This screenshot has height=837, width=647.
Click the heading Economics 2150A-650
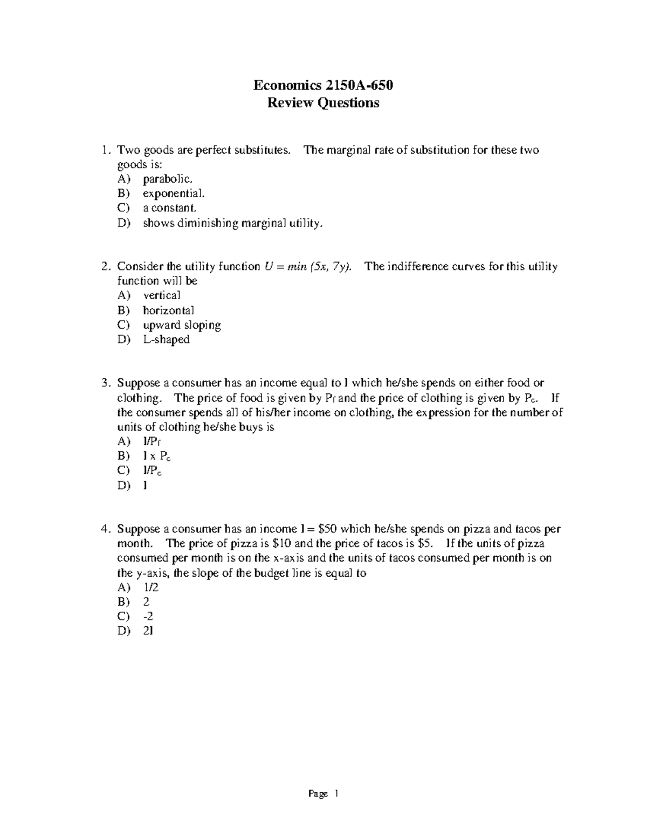pos(323,85)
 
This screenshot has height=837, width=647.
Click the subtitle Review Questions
pos(323,103)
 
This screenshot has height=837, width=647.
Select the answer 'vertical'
pos(162,295)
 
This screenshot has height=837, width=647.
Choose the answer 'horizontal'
pos(168,310)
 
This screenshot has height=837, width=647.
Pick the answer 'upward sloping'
pos(182,325)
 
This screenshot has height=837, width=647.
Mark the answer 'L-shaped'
pos(166,340)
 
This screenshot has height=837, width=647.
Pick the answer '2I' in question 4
pos(148,631)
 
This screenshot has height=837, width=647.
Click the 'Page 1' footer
pos(323,793)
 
